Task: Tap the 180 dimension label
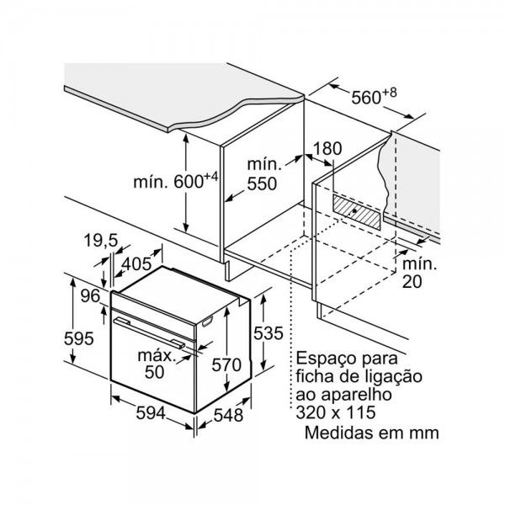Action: pos(327,149)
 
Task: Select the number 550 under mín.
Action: pos(262,183)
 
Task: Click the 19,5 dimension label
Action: pos(101,240)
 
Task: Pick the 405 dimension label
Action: pos(136,264)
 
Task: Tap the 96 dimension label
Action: pos(90,295)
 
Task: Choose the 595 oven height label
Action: pos(79,338)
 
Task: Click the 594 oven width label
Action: pos(151,412)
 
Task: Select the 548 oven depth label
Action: pos(228,415)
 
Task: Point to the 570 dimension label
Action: pos(226,365)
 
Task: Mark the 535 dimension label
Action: pos(268,332)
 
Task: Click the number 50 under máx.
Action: pos(154,372)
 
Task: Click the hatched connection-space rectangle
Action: pos(357,212)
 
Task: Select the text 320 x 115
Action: pos(336,412)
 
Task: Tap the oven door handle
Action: pos(150,333)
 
